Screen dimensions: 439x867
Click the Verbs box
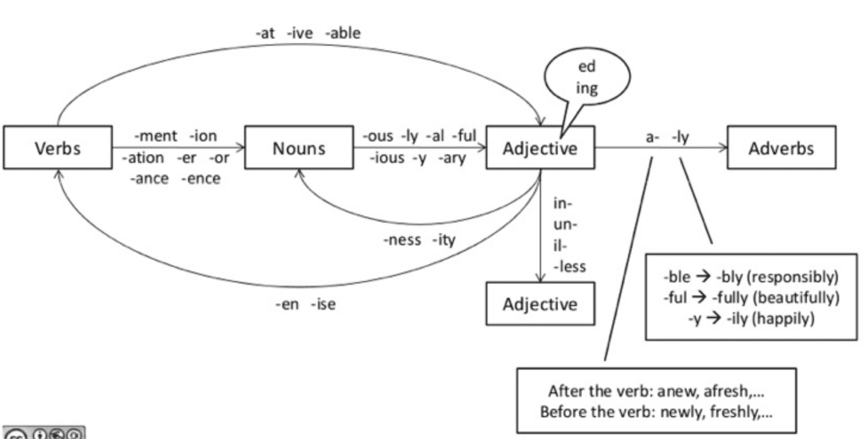click(57, 148)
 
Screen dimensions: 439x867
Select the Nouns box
click(295, 148)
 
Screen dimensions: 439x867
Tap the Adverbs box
click(781, 148)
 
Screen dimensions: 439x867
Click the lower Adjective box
click(540, 303)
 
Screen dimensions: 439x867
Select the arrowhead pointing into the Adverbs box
click(725, 148)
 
